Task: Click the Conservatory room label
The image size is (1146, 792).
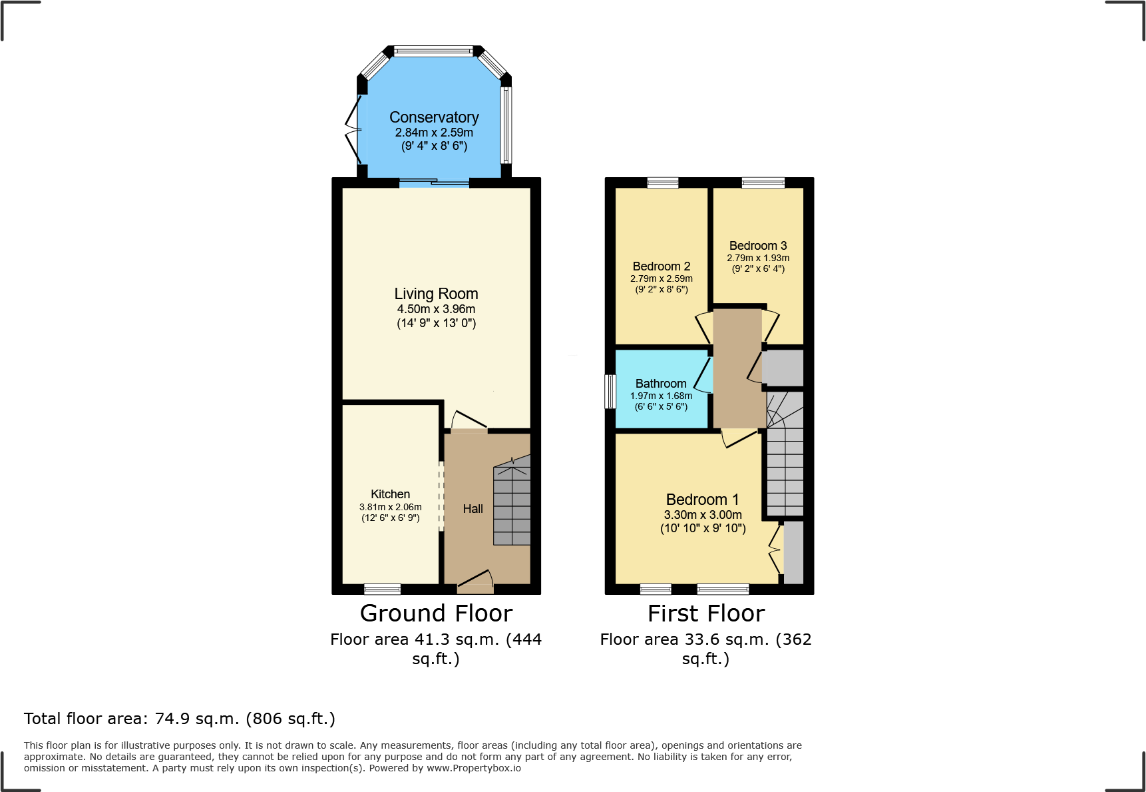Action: pos(434,117)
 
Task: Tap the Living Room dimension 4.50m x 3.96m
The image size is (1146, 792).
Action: pos(436,309)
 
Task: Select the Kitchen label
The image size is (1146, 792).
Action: pos(390,494)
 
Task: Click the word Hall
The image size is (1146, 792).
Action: pos(473,509)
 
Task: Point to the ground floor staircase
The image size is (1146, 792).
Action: pos(512,503)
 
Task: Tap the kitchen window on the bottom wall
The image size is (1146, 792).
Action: pos(383,589)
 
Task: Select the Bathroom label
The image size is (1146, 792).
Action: pos(660,384)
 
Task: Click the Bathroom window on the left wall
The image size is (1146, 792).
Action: pos(610,391)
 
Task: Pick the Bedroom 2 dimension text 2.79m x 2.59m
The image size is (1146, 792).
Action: pos(661,278)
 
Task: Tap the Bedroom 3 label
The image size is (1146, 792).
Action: pos(757,246)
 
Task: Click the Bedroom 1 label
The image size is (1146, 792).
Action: pos(702,500)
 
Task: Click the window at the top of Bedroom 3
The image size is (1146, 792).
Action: pos(763,183)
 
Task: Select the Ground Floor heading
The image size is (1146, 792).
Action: pos(436,613)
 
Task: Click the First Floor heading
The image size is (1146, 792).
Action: pos(705,613)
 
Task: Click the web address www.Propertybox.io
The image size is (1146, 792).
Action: pos(473,768)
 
